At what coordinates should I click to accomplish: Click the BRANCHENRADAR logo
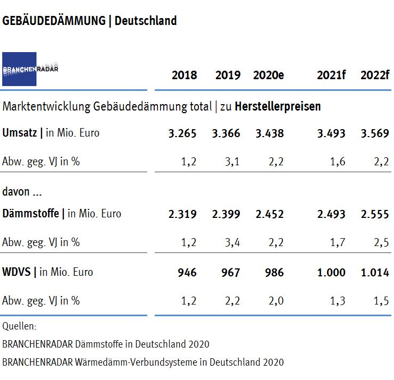pyautogui.click(x=20, y=69)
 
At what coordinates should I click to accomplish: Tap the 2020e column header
pyautogui.click(x=268, y=75)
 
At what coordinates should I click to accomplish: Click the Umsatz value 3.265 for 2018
pyautogui.click(x=182, y=133)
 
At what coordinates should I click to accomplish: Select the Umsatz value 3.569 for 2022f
pyautogui.click(x=375, y=133)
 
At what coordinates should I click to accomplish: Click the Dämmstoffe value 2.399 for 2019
pyautogui.click(x=226, y=214)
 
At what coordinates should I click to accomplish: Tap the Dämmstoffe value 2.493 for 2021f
pyautogui.click(x=331, y=214)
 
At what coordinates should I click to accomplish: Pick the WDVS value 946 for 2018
pyautogui.click(x=187, y=273)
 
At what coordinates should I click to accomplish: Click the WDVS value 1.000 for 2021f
pyautogui.click(x=331, y=273)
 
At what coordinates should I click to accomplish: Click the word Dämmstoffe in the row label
pyautogui.click(x=31, y=214)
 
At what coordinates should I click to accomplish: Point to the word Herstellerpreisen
pyautogui.click(x=278, y=106)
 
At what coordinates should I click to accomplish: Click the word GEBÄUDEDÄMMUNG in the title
pyautogui.click(x=54, y=21)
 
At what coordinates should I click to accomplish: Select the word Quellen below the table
pyautogui.click(x=20, y=326)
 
